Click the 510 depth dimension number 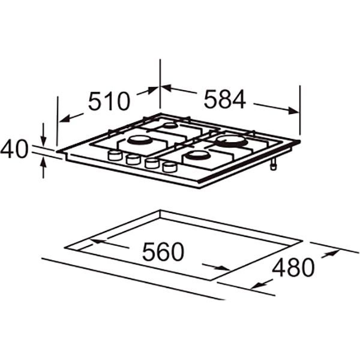(109, 101)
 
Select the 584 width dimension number (225, 99)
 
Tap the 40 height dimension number (14, 149)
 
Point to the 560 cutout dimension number (163, 251)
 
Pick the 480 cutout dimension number (293, 268)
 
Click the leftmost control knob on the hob (115, 155)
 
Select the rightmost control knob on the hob (170, 167)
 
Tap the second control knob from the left (133, 159)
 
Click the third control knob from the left (152, 163)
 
